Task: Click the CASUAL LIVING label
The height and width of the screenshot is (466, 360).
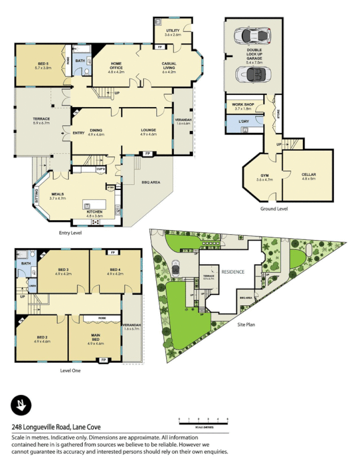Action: [x=169, y=66]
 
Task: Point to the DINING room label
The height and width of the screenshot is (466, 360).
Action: [x=96, y=131]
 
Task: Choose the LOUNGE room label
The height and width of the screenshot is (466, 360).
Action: [x=148, y=131]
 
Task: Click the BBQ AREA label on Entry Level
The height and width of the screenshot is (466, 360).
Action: [x=150, y=182]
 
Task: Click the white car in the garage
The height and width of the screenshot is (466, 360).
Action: [x=253, y=36]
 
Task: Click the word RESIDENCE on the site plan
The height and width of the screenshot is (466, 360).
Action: [x=232, y=272]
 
